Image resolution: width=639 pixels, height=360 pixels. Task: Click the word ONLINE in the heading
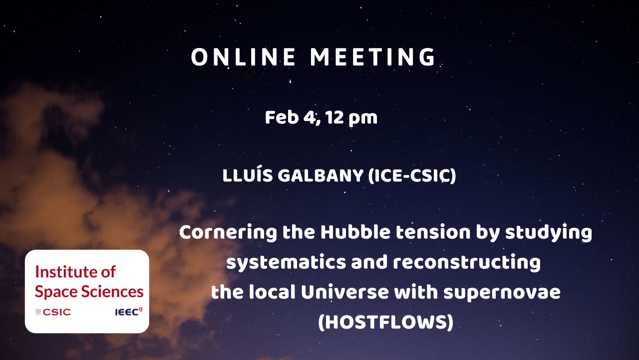[x=243, y=57]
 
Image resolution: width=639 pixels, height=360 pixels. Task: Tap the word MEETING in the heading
[x=373, y=57]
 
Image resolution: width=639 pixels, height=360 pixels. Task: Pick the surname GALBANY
[x=320, y=175]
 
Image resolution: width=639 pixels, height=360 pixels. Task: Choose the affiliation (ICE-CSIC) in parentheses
[x=412, y=175]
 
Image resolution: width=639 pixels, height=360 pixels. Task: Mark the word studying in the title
[x=549, y=233]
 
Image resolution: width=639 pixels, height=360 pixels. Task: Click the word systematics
[x=286, y=263]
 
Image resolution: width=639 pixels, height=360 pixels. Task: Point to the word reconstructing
[x=467, y=263]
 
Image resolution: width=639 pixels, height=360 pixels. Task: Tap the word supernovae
[x=502, y=293]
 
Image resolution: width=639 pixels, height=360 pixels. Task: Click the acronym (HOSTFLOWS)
[x=386, y=322]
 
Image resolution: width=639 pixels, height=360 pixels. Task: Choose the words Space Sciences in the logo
[x=89, y=291]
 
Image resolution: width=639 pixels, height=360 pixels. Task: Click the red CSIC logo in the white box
[x=53, y=312]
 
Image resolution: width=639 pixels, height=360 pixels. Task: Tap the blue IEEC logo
[x=129, y=311]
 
